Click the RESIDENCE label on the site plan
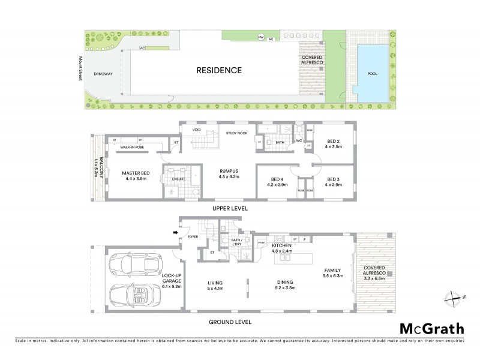(219, 70)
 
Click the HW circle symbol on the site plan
(260, 37)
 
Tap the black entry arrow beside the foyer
(176, 232)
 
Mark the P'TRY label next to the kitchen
(262, 242)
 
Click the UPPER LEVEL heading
(230, 208)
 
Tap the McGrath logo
(431, 328)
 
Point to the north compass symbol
(451, 297)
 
